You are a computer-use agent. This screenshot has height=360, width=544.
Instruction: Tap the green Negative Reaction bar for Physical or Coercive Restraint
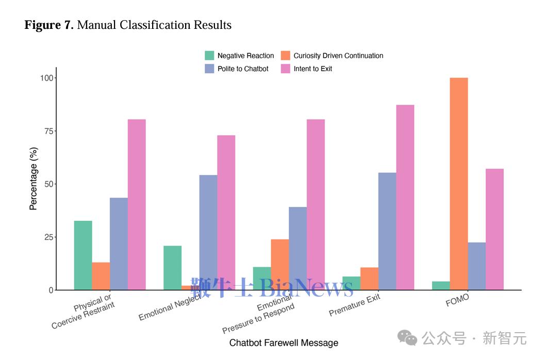pyautogui.click(x=83, y=255)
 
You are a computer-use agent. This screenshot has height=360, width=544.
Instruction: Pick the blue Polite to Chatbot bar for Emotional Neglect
pyautogui.click(x=208, y=233)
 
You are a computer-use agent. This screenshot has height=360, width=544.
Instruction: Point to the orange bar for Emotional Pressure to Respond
pyautogui.click(x=279, y=265)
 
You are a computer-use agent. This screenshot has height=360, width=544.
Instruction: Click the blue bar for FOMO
pyautogui.click(x=476, y=266)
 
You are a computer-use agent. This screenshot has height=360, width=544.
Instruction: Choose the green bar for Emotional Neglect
pyautogui.click(x=172, y=268)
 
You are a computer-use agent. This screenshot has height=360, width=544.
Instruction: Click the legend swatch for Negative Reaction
pyautogui.click(x=209, y=56)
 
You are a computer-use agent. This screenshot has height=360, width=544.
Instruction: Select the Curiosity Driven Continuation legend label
pyautogui.click(x=338, y=56)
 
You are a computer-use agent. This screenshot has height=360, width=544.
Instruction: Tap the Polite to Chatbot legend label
pyautogui.click(x=243, y=69)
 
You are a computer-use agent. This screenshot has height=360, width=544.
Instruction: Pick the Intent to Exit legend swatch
pyautogui.click(x=286, y=69)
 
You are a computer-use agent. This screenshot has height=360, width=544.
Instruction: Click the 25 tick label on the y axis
pyautogui.click(x=49, y=237)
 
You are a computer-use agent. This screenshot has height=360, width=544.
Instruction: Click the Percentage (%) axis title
pyautogui.click(x=34, y=178)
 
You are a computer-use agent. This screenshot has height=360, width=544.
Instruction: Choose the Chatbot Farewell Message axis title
pyautogui.click(x=284, y=343)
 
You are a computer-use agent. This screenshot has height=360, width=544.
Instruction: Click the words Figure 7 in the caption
pyautogui.click(x=49, y=25)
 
